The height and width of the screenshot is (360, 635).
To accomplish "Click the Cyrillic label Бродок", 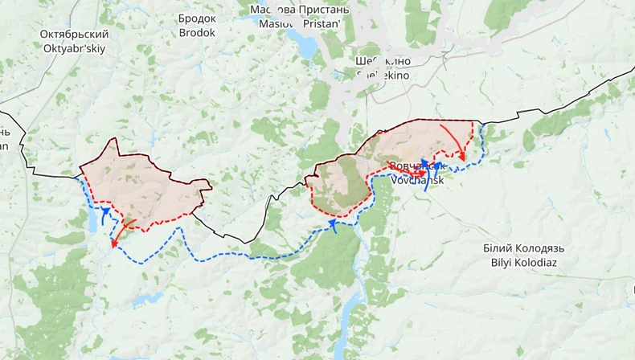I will (x=197, y=18).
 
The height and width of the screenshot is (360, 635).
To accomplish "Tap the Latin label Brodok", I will (x=197, y=33).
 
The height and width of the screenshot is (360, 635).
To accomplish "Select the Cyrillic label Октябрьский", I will (x=74, y=35).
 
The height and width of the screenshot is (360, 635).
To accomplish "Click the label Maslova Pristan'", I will (x=300, y=24).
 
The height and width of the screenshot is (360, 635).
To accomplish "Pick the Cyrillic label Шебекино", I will (x=383, y=61).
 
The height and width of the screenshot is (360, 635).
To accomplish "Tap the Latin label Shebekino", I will (x=383, y=75).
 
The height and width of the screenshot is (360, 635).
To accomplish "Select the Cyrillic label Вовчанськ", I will (x=417, y=166).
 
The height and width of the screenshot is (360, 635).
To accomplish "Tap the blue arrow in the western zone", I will (x=104, y=214).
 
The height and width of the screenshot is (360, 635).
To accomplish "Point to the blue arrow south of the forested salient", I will (x=334, y=227).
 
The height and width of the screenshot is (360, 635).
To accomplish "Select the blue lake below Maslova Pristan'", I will (x=306, y=47).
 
